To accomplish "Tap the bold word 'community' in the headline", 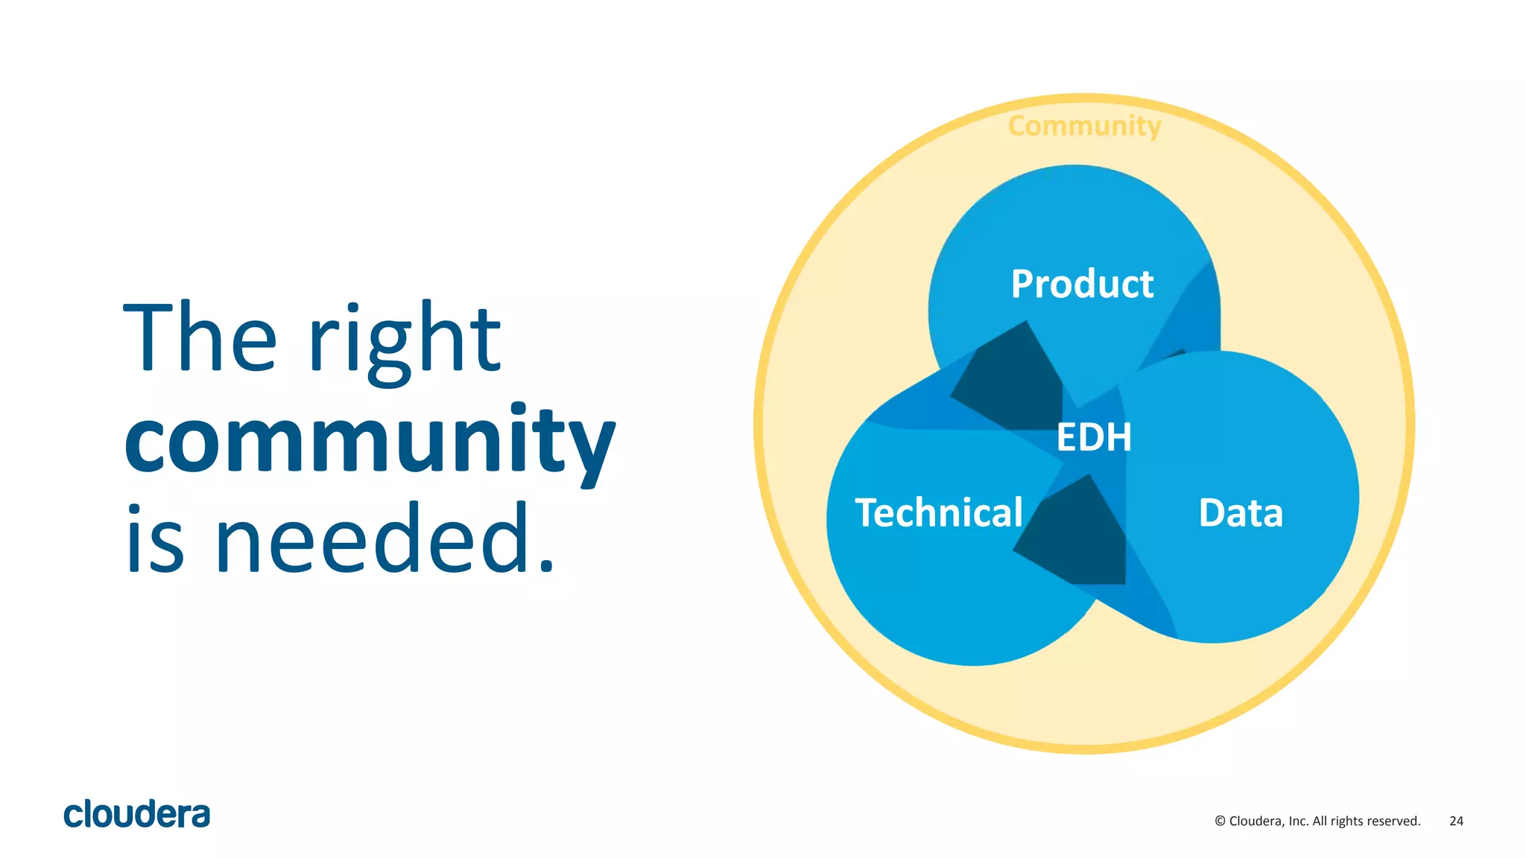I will coord(370,441).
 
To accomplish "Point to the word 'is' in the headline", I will coord(155,538).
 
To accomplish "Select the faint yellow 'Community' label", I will coord(1084,126).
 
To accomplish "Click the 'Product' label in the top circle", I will coord(1082,284).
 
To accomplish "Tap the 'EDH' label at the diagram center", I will coord(1094,437).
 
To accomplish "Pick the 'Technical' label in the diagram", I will coord(939,513).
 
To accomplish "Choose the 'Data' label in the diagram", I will coord(1241,513).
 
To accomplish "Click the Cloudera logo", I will coord(137,814).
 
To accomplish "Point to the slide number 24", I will coord(1456,821).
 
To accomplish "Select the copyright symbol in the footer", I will coord(1220,821).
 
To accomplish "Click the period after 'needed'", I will coord(547,566).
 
